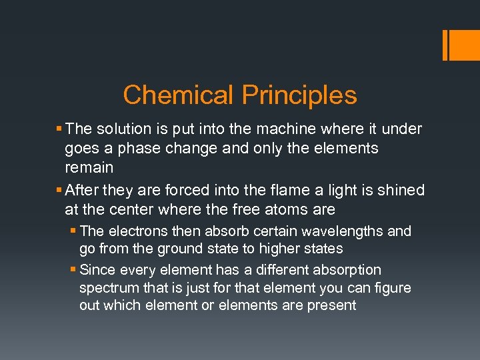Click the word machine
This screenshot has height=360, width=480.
[x=289, y=129]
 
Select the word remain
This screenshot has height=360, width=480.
[x=89, y=167]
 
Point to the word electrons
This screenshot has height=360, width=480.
[x=133, y=231]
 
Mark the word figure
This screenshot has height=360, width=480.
[x=393, y=288]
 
